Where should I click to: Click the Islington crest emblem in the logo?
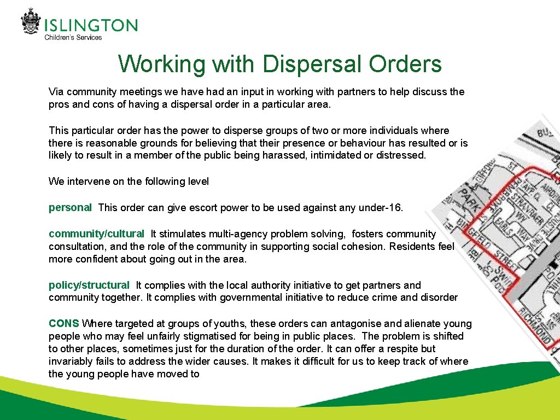coord(31,22)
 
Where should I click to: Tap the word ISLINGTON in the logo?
coord(91,25)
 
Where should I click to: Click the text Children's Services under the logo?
coord(73,37)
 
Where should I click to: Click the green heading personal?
coord(70,207)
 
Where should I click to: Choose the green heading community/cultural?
coord(96,234)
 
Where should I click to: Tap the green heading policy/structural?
coord(89,285)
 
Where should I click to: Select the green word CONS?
coord(64,323)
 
